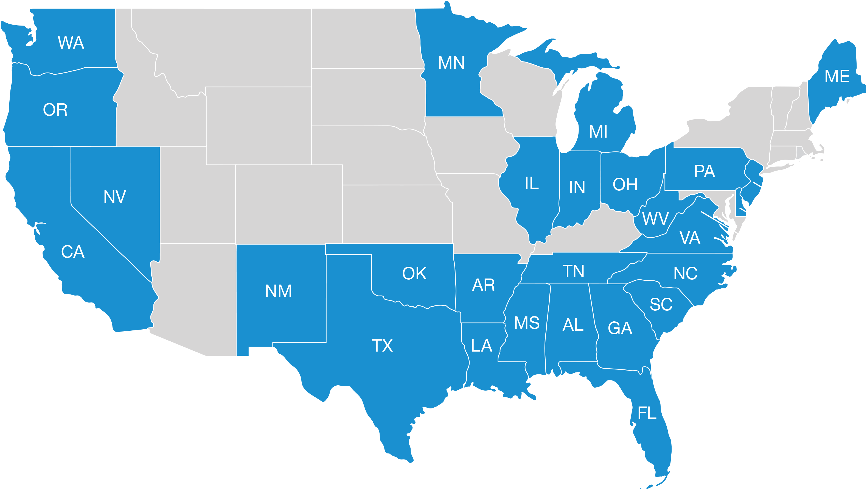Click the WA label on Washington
tap(71, 43)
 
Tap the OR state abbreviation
tap(55, 110)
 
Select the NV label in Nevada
tap(115, 197)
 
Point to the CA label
tap(73, 252)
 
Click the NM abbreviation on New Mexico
tap(278, 291)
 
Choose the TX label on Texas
tap(382, 346)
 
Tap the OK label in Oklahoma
tap(414, 274)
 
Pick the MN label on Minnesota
tap(451, 63)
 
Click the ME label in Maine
tap(837, 76)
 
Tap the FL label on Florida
tap(647, 413)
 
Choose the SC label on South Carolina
tap(661, 304)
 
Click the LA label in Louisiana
tap(482, 346)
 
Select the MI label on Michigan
tap(598, 132)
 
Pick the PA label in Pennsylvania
tap(705, 171)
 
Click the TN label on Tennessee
tap(574, 271)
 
